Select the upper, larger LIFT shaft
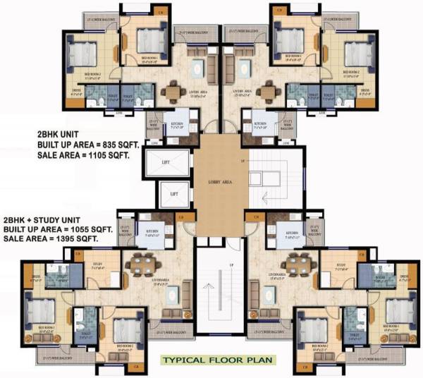click(x=165, y=163)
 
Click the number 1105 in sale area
click(x=94, y=157)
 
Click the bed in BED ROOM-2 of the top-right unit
click(x=356, y=51)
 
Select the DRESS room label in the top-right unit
click(x=365, y=90)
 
